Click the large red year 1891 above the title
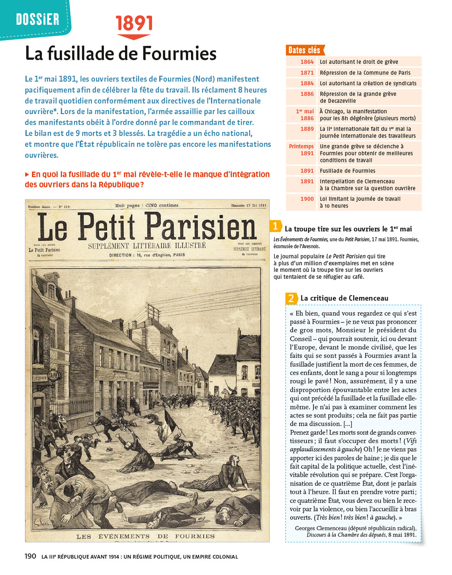[x=134, y=23]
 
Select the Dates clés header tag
[x=304, y=50]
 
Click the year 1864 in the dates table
[x=307, y=62]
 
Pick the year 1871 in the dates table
[x=307, y=72]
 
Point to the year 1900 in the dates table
[x=307, y=199]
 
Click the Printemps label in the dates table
[x=301, y=146]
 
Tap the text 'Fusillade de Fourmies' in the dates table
[x=347, y=171]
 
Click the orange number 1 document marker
[x=275, y=226]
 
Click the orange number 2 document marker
[x=291, y=298]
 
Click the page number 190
[x=30, y=556]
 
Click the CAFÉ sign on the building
[x=53, y=375]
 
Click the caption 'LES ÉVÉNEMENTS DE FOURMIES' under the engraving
[x=145, y=536]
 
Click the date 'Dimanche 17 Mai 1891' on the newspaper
[x=248, y=205]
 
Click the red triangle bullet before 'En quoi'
[x=27, y=174]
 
